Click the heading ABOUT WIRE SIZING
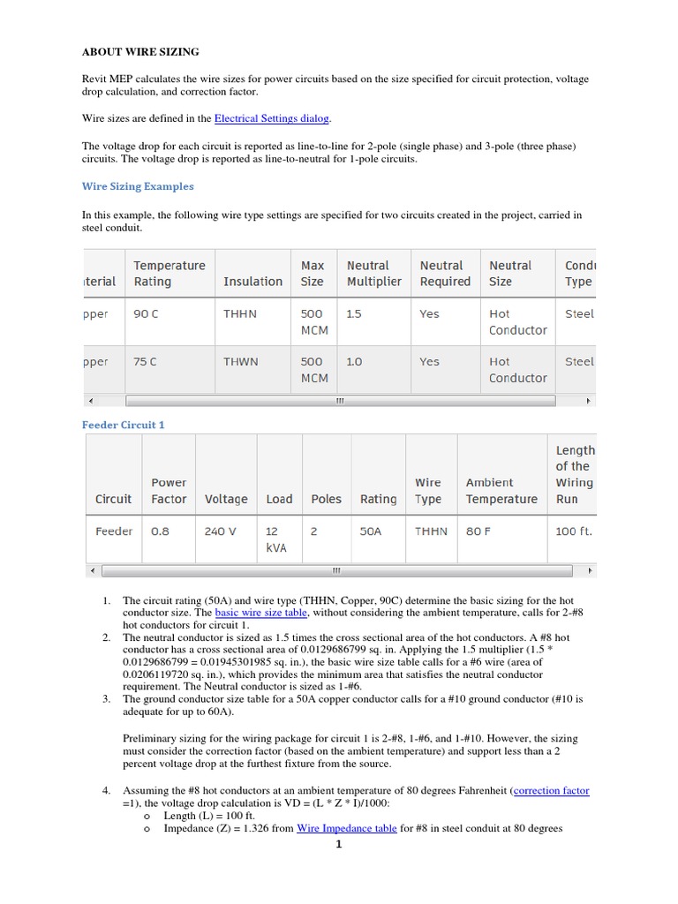140,52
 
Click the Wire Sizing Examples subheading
138,186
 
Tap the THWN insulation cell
240,361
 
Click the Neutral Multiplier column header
373,273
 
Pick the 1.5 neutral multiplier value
354,313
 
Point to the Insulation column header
252,282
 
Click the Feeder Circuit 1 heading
124,425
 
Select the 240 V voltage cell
225,531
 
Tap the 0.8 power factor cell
160,531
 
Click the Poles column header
326,499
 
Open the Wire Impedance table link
346,829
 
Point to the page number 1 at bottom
338,844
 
